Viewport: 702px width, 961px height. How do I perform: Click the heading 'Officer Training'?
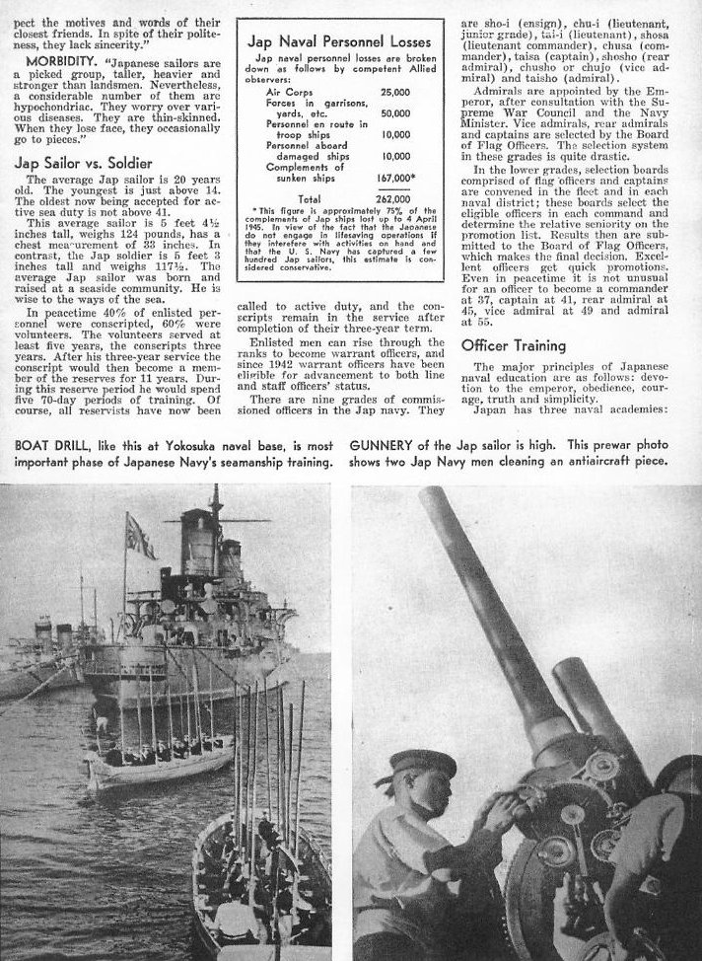[515, 346]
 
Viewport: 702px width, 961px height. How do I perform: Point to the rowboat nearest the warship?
[158, 760]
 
